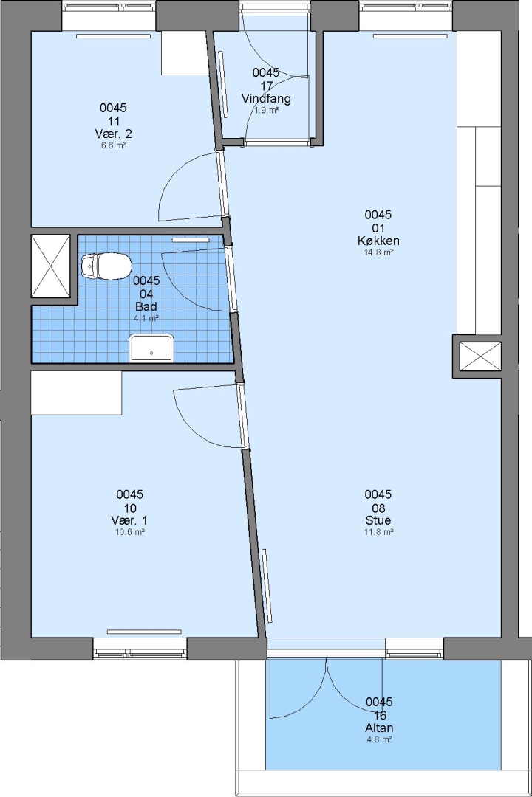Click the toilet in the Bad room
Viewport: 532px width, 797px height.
106,266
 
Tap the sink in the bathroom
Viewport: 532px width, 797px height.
151,348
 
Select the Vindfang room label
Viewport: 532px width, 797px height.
266,99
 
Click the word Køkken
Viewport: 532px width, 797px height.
378,241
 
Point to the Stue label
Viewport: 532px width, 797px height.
378,520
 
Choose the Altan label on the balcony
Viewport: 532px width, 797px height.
379,728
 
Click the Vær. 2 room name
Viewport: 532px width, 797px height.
114,134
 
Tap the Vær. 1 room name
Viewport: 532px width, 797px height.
130,520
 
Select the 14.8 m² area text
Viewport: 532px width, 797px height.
378,252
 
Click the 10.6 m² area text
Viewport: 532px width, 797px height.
130,532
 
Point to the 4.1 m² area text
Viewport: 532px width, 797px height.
146,319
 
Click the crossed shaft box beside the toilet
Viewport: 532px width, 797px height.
50,266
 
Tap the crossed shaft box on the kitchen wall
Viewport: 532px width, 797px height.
480,356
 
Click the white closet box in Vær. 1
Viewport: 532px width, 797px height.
76,393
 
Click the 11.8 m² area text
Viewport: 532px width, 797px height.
378,532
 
